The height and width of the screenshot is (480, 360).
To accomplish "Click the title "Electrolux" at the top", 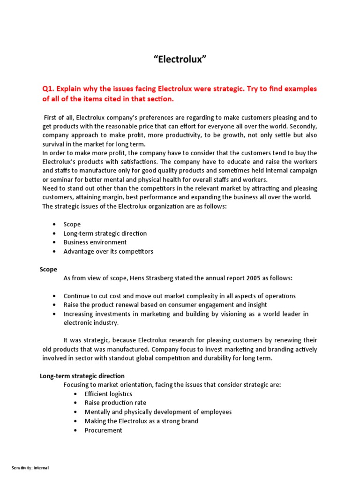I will pos(180,60).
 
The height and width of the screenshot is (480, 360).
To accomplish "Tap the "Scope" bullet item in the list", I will pos(72,224).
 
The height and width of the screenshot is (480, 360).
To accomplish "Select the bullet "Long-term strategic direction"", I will pos(105,233).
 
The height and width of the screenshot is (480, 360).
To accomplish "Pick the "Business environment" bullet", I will pos(95,242).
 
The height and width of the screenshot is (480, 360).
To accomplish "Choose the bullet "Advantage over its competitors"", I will pos(108,251).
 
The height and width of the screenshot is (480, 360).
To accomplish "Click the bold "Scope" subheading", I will pos(48,269).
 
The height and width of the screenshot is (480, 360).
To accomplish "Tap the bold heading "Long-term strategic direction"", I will pos(82,376).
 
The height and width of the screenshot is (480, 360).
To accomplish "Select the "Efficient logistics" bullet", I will pos(108,394).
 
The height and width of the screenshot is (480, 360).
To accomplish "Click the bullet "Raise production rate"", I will pos(115,403).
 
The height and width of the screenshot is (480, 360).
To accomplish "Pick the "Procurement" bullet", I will pos(103,430).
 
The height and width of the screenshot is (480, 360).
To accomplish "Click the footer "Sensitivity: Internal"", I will pos(30,468).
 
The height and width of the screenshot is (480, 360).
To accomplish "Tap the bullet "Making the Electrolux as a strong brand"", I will pos(141,421).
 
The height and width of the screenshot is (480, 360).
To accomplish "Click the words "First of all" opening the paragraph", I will pos(59,117).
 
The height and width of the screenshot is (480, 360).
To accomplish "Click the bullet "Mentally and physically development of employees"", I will pos(158,412).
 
